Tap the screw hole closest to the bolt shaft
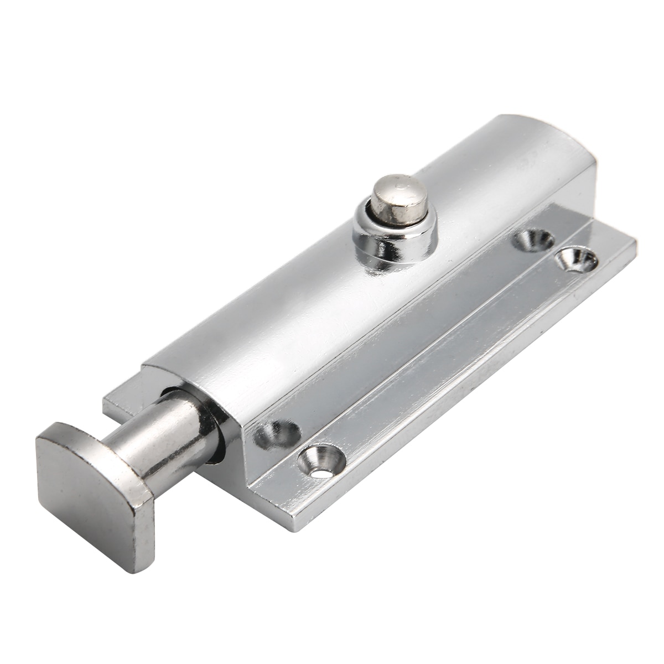pyautogui.click(x=277, y=433)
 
